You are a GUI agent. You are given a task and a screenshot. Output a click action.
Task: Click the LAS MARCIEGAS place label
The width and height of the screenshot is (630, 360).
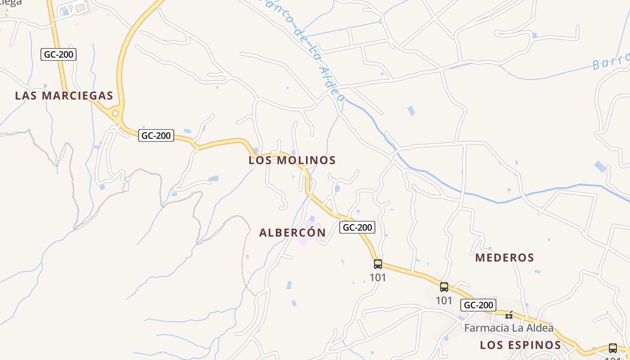click(x=64, y=96)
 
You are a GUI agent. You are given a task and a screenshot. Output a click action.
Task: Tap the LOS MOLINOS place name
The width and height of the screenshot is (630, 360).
click(x=292, y=160)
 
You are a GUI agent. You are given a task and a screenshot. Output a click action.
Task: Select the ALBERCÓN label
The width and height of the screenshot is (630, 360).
click(x=292, y=233)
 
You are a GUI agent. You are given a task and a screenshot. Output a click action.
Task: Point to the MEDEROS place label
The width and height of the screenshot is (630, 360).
click(x=504, y=258)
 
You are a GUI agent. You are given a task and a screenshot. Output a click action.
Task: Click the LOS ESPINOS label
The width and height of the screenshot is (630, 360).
click(x=520, y=345)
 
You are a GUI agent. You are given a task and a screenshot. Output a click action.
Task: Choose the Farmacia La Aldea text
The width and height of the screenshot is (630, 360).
click(x=508, y=328)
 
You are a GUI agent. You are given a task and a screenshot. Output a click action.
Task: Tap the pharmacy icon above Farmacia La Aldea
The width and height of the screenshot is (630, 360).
click(x=509, y=315)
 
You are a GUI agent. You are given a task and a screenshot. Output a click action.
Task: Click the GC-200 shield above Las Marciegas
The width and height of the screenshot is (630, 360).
click(x=58, y=55)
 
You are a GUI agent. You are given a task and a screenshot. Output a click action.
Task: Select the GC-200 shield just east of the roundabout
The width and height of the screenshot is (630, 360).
click(x=156, y=135)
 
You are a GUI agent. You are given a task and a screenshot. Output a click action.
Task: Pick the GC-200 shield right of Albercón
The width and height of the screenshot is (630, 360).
click(x=357, y=228)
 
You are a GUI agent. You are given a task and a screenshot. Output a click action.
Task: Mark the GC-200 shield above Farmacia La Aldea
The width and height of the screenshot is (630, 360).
click(x=478, y=305)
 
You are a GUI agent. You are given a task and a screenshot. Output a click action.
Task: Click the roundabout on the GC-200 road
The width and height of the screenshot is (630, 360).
click(x=115, y=113)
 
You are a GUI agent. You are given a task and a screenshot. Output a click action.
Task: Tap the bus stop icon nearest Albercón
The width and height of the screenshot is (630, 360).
click(x=378, y=264)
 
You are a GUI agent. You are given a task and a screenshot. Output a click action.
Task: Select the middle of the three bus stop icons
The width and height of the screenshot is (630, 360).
click(x=444, y=287)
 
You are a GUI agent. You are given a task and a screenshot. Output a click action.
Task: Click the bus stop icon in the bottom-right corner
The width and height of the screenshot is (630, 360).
click(x=612, y=348)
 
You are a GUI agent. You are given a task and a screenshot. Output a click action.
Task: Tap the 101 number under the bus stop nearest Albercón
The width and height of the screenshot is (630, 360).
click(x=378, y=278)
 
